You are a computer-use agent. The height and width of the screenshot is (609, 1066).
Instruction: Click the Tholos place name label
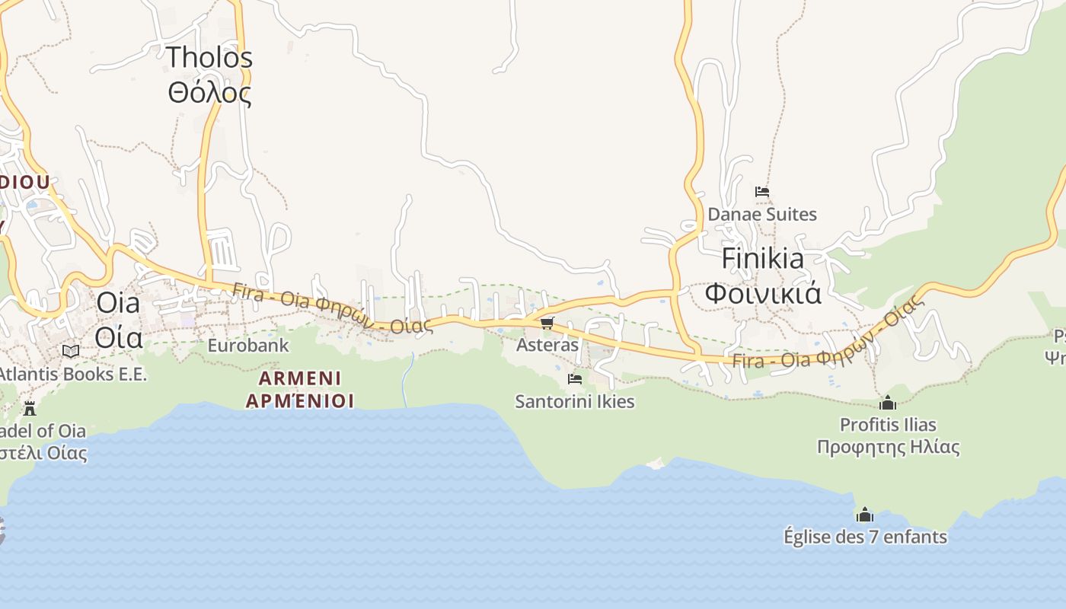point(209,57)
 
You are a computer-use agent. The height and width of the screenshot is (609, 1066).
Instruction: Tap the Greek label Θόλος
point(209,92)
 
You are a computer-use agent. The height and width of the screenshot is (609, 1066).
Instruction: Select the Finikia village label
point(762,259)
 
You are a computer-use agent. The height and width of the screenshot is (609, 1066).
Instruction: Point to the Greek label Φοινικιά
point(762,293)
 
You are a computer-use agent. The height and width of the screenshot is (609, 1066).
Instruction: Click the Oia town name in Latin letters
point(118,303)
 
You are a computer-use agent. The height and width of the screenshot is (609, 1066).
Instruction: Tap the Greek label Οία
point(120,336)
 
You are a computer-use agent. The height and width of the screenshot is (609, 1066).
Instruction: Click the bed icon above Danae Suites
point(761,192)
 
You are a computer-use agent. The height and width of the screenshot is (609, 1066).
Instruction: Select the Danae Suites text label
point(762,215)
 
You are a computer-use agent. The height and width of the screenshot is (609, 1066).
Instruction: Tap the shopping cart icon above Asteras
point(547,324)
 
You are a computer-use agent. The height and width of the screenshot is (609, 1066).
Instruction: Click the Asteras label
point(547,345)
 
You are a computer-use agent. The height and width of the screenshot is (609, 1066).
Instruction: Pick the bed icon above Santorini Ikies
point(575,378)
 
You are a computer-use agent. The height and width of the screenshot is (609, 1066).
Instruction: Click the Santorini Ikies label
point(575,401)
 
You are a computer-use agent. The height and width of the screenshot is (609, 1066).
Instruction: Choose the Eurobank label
point(248,346)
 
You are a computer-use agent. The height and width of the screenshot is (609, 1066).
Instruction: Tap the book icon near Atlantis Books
point(71,351)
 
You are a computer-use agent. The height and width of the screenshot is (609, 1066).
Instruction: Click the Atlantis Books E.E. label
point(72,374)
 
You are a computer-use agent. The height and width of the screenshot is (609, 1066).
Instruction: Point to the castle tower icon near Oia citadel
point(30,408)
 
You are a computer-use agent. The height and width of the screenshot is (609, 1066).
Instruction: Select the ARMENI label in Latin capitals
point(300,378)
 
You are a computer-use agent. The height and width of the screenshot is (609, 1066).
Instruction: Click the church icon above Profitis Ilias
point(887,403)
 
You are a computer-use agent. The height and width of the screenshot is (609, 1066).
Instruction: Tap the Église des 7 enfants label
point(865,537)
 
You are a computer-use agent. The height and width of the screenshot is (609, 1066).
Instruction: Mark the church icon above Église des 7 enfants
point(864,515)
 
